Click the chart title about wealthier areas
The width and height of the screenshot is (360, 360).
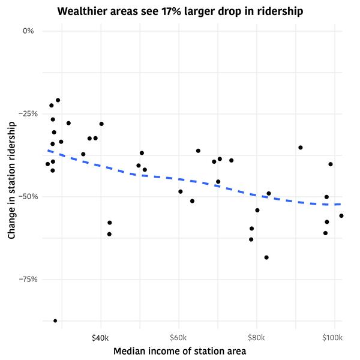click(x=180, y=11)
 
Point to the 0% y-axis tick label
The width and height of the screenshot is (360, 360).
click(x=29, y=31)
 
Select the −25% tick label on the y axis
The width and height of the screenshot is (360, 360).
click(x=26, y=113)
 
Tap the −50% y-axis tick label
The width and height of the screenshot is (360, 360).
click(x=26, y=196)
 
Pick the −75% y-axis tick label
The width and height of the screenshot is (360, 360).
click(x=26, y=279)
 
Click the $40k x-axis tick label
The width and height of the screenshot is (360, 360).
click(x=101, y=337)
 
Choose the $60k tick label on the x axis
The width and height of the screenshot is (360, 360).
click(x=179, y=337)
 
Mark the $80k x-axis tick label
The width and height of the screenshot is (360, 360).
click(x=257, y=337)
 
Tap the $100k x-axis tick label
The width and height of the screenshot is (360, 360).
click(x=332, y=337)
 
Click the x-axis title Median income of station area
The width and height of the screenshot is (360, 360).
click(x=180, y=351)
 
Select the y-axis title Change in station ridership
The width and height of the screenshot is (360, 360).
click(x=11, y=180)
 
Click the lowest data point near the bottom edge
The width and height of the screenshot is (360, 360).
click(x=55, y=321)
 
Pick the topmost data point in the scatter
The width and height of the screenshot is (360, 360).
click(x=58, y=100)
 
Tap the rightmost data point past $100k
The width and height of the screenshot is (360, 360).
click(x=341, y=215)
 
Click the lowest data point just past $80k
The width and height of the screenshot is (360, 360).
click(x=266, y=257)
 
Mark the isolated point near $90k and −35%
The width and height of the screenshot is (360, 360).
click(x=301, y=148)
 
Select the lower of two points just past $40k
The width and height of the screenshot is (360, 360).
click(x=109, y=234)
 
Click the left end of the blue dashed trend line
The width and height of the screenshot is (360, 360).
click(x=48, y=150)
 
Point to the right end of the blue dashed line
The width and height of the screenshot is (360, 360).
click(x=341, y=205)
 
